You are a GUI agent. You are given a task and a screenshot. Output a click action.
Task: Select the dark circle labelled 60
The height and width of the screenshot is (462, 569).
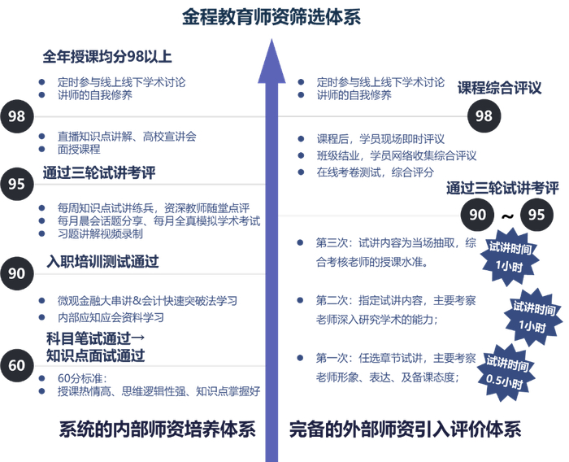pyautogui.click(x=17, y=365)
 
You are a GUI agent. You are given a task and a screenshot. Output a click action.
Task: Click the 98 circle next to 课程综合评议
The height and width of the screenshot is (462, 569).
pyautogui.click(x=484, y=116)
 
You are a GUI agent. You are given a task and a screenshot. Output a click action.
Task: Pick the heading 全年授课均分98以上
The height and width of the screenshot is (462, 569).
pyautogui.click(x=107, y=57)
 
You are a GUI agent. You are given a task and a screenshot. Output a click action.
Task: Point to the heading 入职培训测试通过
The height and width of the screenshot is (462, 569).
pyautogui.click(x=102, y=262)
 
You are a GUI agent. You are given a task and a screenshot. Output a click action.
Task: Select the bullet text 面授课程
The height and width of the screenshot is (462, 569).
pyautogui.click(x=79, y=150)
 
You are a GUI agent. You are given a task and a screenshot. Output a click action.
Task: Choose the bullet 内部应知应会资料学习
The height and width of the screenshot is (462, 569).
pyautogui.click(x=111, y=316)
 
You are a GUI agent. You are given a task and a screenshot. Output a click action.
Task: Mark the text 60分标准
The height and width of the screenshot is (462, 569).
pyautogui.click(x=79, y=378)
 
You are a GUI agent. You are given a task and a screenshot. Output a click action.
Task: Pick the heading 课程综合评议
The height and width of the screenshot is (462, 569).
pyautogui.click(x=499, y=88)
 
